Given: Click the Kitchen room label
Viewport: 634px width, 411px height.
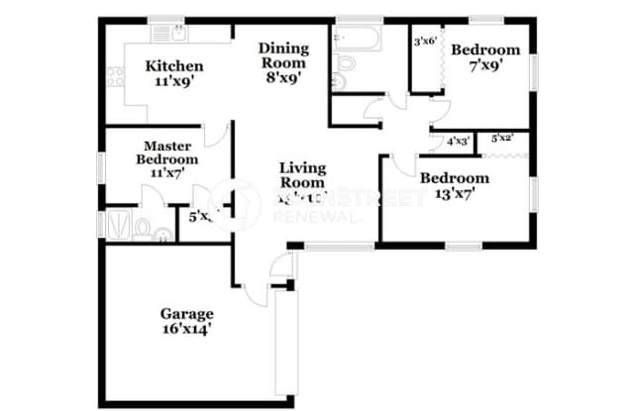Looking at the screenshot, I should tap(175, 66).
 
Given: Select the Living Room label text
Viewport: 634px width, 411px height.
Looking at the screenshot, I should tap(302, 174).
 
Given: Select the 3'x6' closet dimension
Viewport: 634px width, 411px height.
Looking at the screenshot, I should tap(426, 42).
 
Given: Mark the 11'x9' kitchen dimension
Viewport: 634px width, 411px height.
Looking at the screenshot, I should tap(175, 82).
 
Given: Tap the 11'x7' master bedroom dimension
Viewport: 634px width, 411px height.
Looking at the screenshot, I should tap(166, 173).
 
